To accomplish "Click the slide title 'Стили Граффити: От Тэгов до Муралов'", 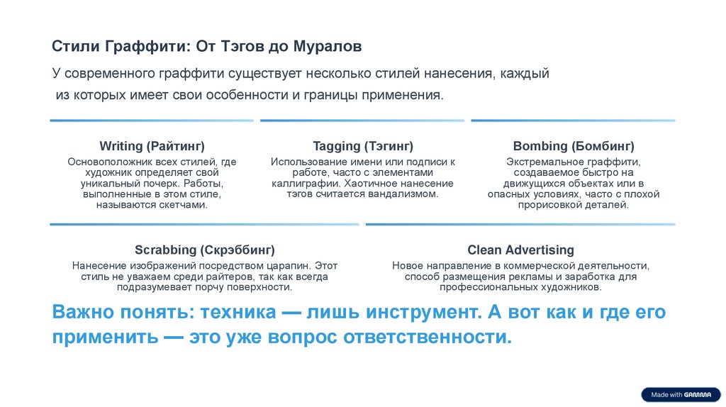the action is [x=207, y=47].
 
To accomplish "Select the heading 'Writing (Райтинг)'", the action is [x=152, y=147].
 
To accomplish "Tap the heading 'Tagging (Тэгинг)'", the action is [x=362, y=147].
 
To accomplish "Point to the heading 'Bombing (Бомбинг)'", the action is [x=573, y=147].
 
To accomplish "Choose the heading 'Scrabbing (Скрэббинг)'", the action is [x=204, y=250].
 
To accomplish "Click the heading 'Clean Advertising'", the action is [x=520, y=250].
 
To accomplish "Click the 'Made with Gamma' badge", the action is [x=681, y=395].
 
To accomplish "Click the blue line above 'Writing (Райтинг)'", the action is [x=152, y=121].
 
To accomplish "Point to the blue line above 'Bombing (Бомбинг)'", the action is [x=573, y=121].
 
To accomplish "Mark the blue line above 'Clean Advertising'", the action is [x=520, y=225].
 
